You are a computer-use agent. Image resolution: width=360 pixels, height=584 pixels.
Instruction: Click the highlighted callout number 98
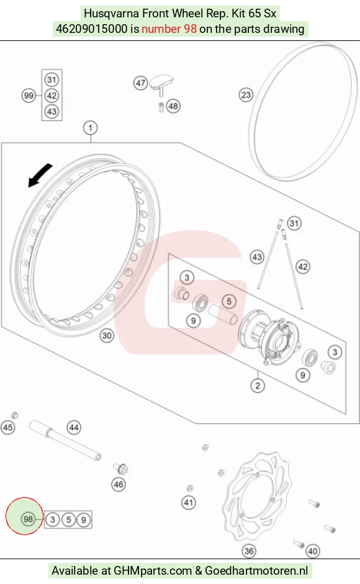click(x=29, y=519)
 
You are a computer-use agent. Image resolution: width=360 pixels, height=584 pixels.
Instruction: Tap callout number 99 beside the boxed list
click(x=29, y=96)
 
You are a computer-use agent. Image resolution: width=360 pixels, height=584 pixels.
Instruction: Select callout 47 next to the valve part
click(x=140, y=83)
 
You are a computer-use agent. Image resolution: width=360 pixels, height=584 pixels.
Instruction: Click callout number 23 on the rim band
click(x=246, y=95)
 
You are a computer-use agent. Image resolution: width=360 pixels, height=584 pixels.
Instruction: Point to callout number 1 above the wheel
click(x=90, y=128)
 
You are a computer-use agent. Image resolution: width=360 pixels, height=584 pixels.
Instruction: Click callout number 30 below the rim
click(x=107, y=336)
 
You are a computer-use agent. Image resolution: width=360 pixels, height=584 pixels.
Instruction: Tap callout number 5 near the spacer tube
click(x=229, y=302)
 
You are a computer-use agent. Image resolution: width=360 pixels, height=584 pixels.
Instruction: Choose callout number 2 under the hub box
click(x=258, y=385)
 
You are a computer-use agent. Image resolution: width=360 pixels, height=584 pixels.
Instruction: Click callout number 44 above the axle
click(x=74, y=428)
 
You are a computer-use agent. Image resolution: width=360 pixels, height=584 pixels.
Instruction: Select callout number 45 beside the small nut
click(x=8, y=427)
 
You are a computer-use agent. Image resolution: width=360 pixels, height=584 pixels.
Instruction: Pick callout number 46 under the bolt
click(x=119, y=484)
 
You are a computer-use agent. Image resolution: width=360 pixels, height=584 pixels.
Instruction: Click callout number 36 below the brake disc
click(x=249, y=550)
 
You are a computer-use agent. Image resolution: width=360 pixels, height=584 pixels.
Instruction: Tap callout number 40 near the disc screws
click(x=313, y=551)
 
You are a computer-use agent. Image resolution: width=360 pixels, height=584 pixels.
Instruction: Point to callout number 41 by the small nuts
click(x=189, y=503)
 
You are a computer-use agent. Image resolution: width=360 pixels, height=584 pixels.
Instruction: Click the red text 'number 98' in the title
click(x=169, y=29)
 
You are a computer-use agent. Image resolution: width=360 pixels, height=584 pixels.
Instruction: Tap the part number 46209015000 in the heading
click(x=92, y=29)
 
